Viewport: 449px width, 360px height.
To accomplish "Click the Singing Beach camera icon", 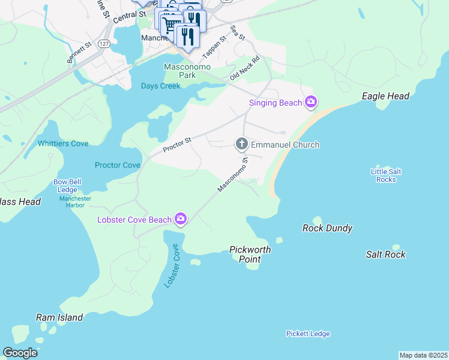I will point(310,103).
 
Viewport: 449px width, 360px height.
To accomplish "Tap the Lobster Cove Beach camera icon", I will point(181,220).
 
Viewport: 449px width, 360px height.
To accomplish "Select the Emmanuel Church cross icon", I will point(241,144).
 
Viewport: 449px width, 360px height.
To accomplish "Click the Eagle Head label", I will point(386,96).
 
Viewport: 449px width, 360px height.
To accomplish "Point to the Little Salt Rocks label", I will point(386,175).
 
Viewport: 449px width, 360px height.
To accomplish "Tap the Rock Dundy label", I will point(327,228).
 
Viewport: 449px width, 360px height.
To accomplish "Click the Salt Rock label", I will point(386,254).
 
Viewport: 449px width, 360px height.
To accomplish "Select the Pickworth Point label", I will point(250,254).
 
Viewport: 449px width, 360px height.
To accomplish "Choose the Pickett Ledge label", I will point(308,334).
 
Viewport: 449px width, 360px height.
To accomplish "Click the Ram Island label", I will point(59,317).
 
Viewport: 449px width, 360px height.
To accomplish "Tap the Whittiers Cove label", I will point(63,143).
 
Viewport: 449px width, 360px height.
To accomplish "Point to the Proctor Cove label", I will point(118,165).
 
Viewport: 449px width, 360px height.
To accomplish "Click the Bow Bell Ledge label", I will point(67,185).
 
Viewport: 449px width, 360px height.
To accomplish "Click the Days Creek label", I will point(160,86).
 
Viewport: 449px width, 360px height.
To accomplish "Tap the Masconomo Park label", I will point(187,71).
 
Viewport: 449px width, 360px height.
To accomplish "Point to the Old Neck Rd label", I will point(244,68).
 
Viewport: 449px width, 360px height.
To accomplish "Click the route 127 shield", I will point(104,44).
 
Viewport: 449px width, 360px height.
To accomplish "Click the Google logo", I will point(20,353).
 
